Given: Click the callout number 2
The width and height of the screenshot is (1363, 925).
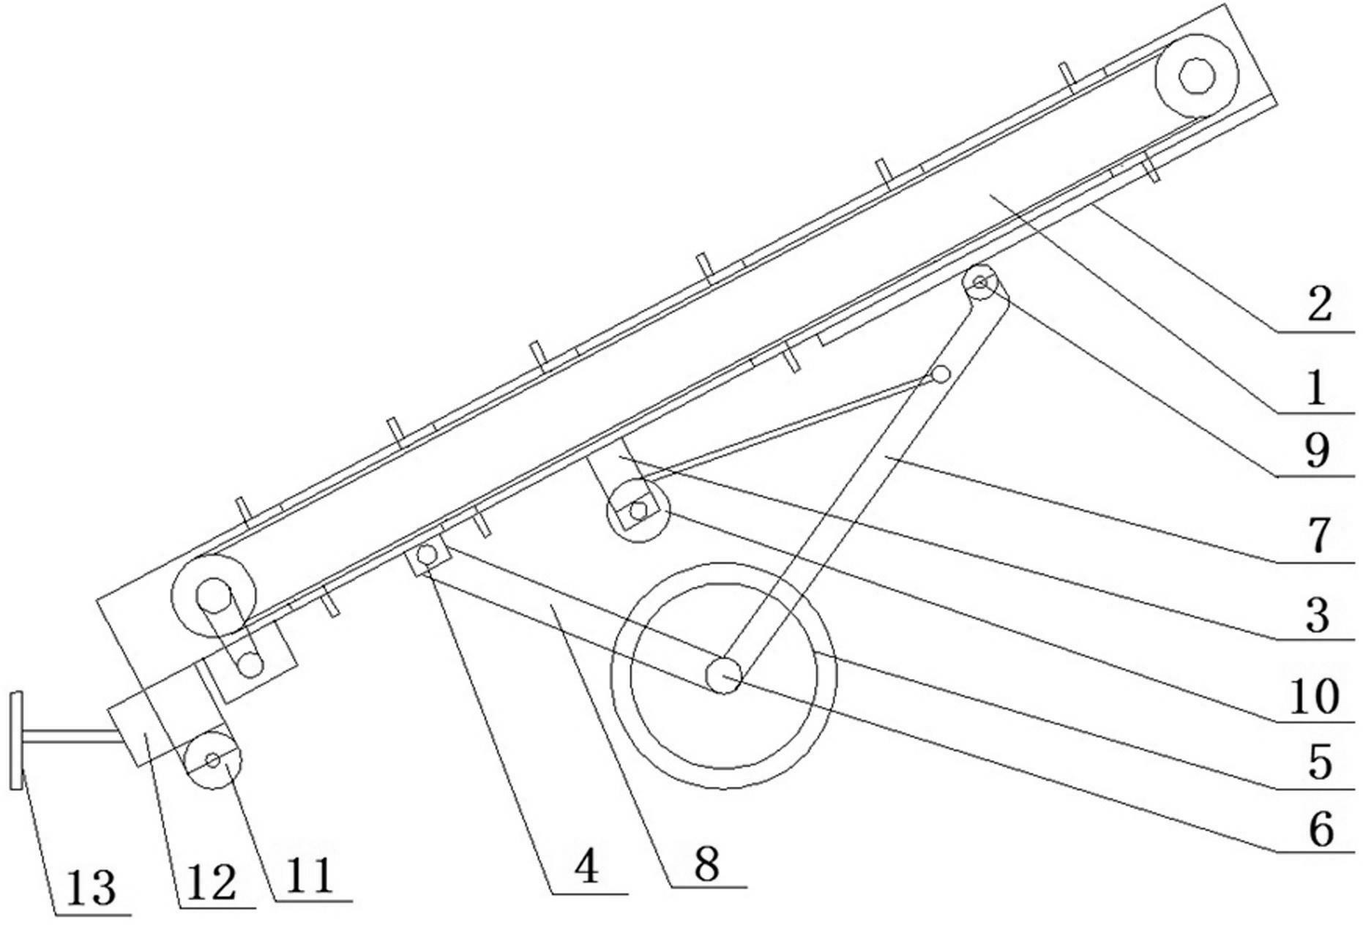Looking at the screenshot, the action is pos(1319,304).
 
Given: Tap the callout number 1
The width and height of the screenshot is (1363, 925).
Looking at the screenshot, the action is pos(1316,387).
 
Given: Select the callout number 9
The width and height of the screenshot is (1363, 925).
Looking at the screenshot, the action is pos(1318,451).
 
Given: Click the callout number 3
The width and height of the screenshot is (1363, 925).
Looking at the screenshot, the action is pos(1318,615).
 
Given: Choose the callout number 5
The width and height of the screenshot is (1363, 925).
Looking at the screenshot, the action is pos(1319,763).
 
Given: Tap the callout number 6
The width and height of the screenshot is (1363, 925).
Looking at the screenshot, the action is pos(1320,829).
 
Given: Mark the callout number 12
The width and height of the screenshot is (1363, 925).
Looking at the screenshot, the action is pos(212,883).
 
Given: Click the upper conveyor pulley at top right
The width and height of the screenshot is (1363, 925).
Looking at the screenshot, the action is pos(1197,75).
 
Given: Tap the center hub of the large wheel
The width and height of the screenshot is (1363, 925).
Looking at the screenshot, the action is pos(723,674).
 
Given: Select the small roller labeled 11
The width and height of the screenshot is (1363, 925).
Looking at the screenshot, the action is pos(213,761).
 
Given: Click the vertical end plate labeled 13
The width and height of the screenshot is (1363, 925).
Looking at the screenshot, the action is pos(16,741).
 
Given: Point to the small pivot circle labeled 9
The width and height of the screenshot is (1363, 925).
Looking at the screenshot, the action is pos(980,282).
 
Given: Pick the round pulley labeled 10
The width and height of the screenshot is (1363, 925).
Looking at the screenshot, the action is pos(638,511).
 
